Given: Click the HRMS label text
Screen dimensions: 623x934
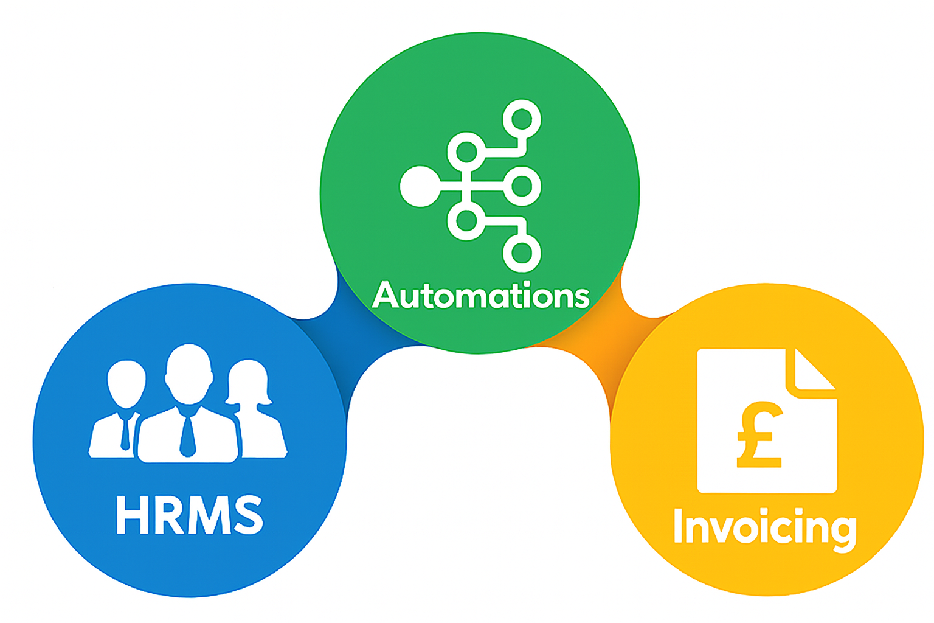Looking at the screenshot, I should point(189,515).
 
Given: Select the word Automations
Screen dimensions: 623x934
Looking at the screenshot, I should point(480,296).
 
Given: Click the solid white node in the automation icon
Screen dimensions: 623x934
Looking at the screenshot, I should point(420,186).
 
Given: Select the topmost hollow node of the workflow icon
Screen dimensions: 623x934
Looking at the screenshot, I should point(522,119).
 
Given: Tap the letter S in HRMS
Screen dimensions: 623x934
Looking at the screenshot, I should point(248,515).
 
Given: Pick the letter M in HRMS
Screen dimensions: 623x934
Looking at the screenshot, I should point(209,515).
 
